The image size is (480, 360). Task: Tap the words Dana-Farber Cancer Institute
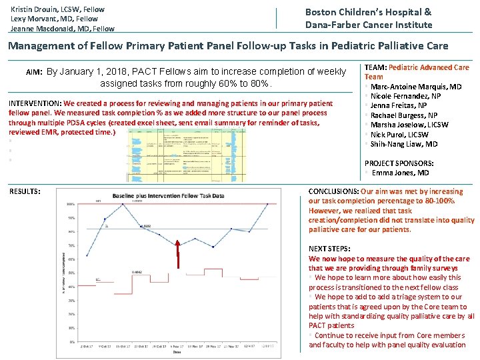[x=369, y=25]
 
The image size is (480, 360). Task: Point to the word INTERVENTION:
[x=35, y=104]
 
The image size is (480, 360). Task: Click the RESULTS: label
[x=24, y=191]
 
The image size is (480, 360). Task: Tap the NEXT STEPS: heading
[x=329, y=249]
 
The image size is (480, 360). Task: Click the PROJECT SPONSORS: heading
[x=399, y=163]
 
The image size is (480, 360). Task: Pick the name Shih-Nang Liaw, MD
[x=404, y=144]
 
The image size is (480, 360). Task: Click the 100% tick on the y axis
[x=70, y=204]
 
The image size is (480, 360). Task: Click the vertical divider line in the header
[x=277, y=18]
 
